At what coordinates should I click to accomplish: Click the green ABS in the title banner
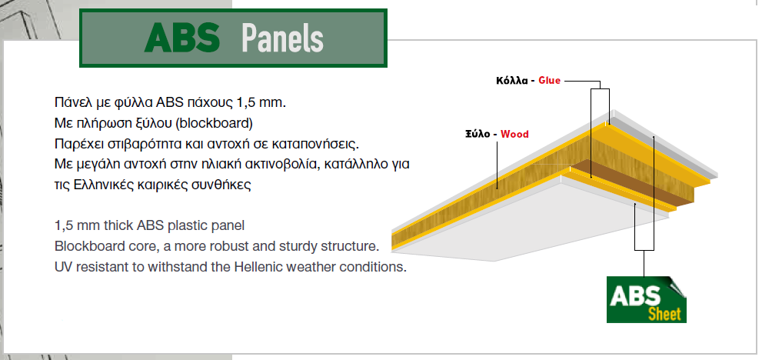click(182, 38)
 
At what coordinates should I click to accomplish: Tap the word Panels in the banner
click(282, 38)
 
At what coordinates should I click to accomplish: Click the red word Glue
click(549, 81)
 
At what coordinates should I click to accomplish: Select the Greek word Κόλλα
click(512, 81)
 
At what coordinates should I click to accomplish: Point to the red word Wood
click(514, 134)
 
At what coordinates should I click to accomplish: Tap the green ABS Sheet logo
click(647, 299)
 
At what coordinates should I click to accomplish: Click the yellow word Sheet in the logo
click(664, 315)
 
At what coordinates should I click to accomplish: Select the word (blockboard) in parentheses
click(215, 124)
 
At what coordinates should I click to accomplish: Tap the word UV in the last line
click(62, 267)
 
